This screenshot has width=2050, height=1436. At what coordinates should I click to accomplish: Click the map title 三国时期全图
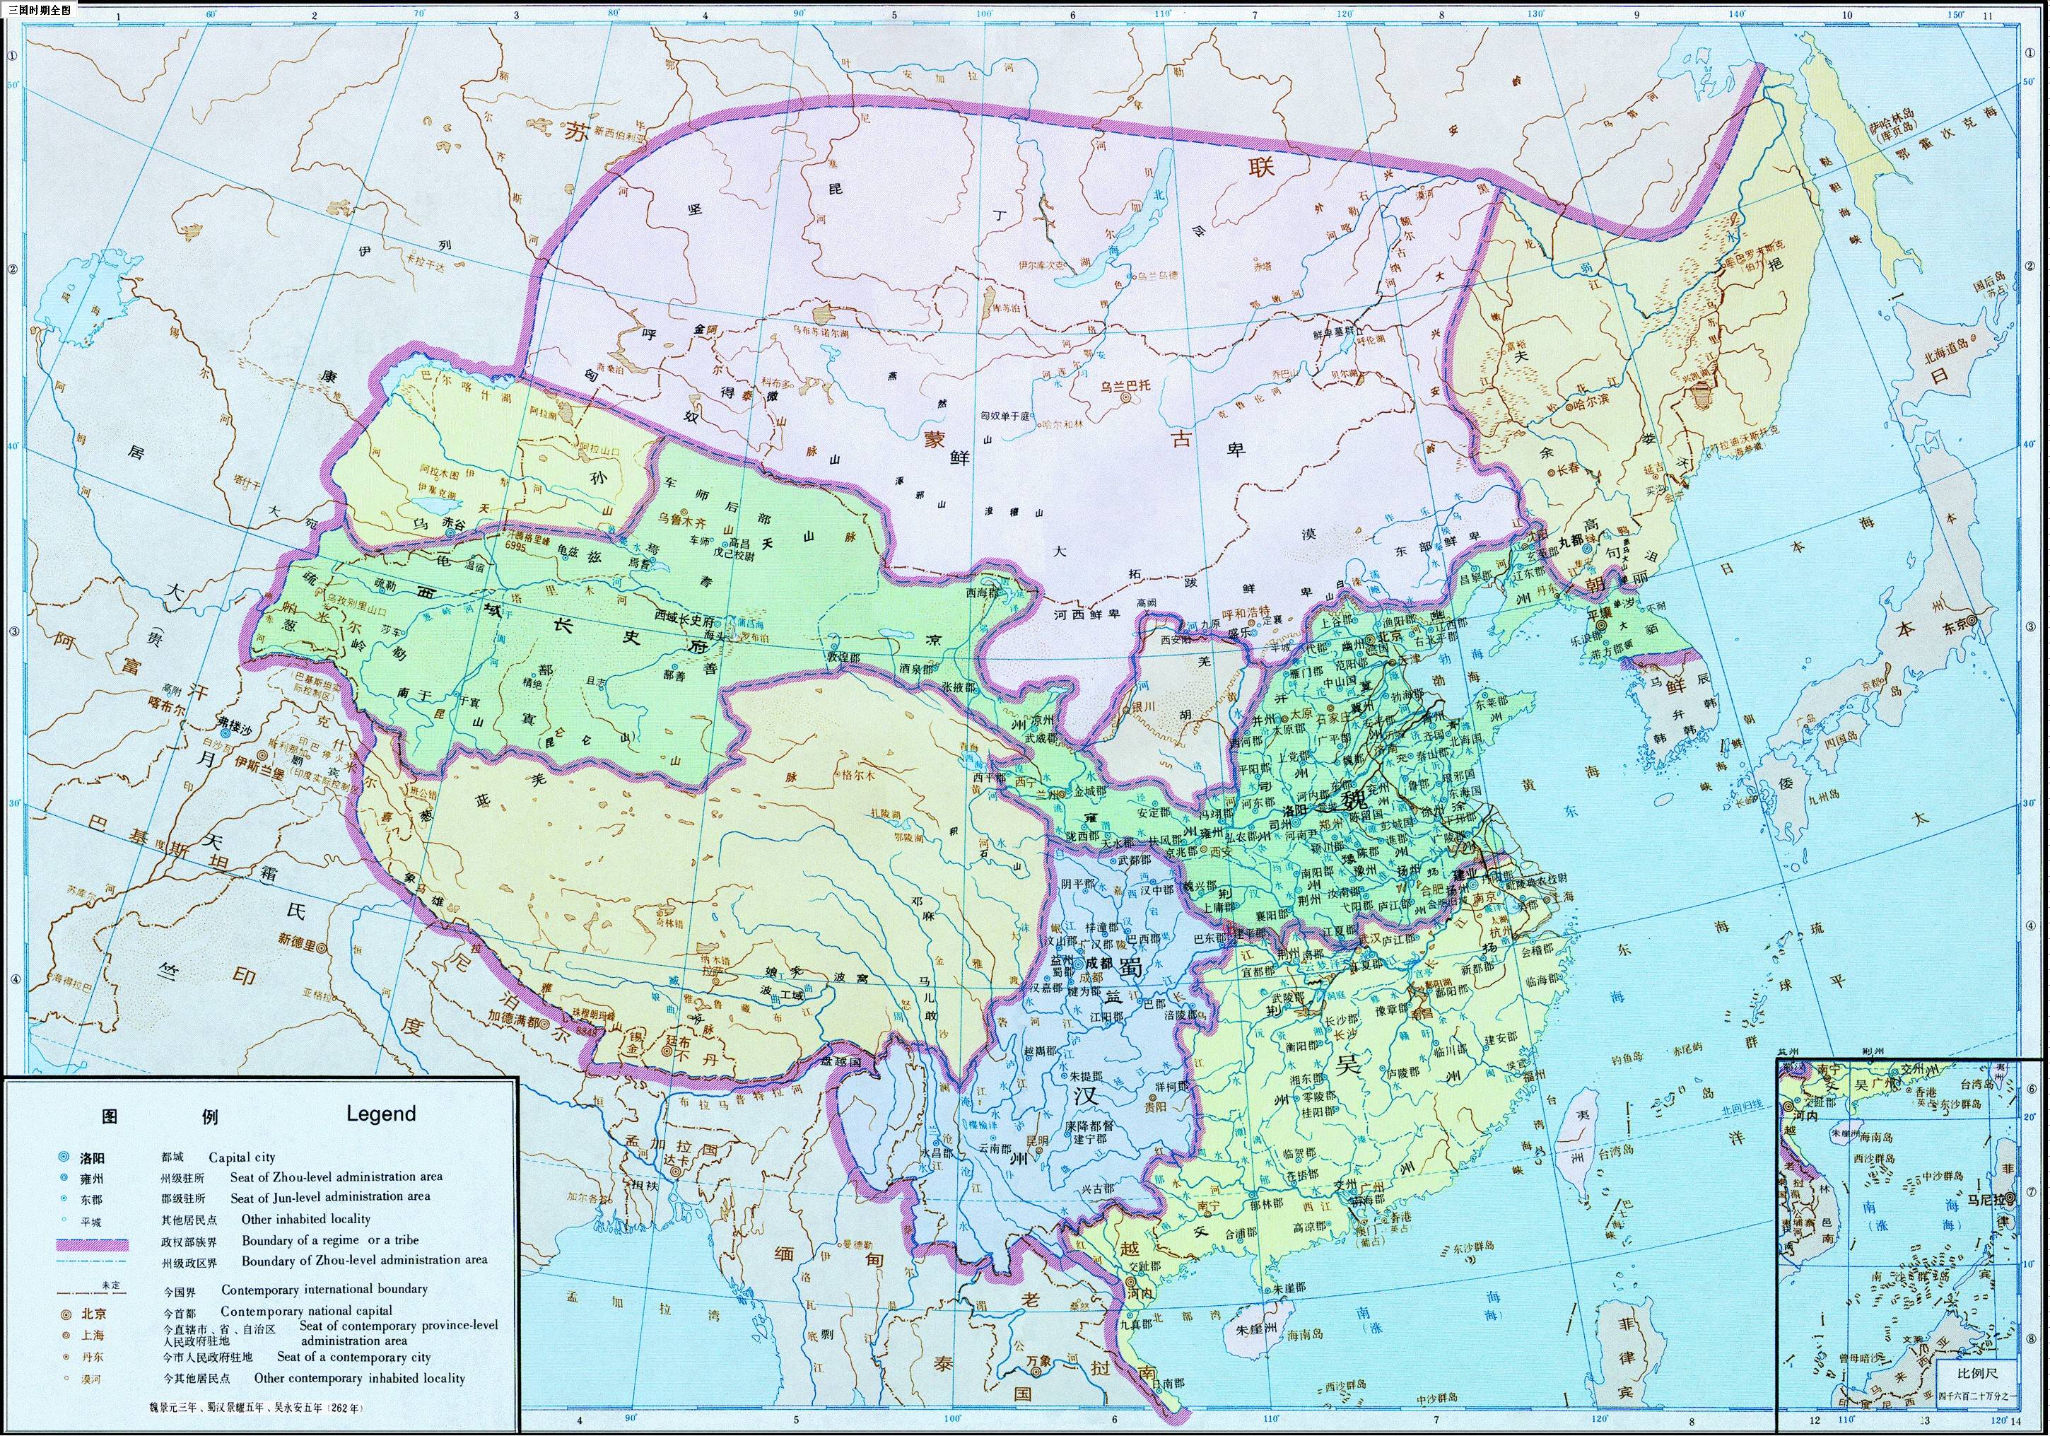[x=38, y=9]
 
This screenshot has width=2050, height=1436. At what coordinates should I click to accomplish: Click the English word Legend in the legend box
[x=380, y=1114]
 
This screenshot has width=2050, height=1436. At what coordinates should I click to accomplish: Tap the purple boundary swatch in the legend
[x=92, y=1244]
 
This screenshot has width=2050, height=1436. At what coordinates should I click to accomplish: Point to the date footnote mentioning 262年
[x=256, y=1406]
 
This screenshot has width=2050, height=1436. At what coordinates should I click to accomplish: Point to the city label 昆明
[x=1036, y=1140]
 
